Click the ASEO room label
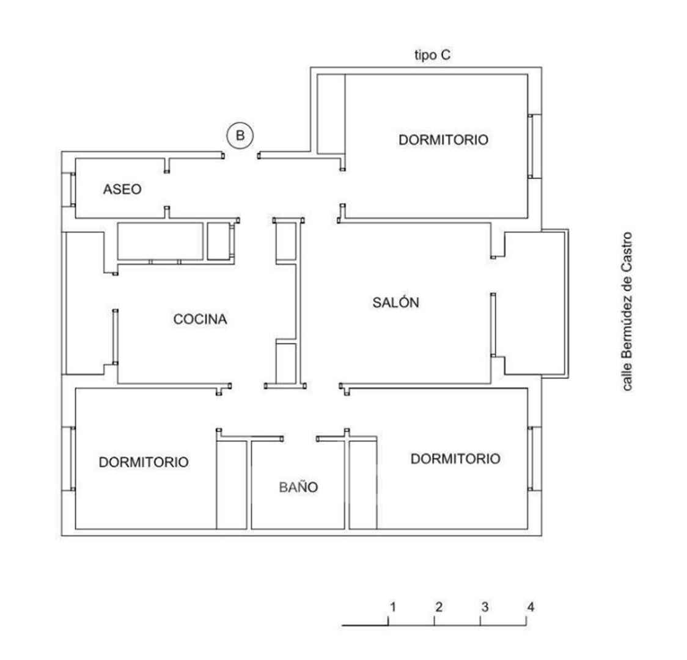[122, 189]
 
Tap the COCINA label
[200, 319]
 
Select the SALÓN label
[395, 302]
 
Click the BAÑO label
[298, 486]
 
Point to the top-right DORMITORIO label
[443, 140]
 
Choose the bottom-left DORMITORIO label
[144, 462]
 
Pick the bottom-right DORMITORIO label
[455, 458]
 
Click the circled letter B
[240, 135]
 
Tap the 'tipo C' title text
[433, 55]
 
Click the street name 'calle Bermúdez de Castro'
[628, 312]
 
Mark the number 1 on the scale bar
[392, 607]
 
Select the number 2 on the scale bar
[439, 607]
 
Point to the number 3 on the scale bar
[485, 607]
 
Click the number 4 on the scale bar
[531, 607]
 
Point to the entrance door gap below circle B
[241, 155]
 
